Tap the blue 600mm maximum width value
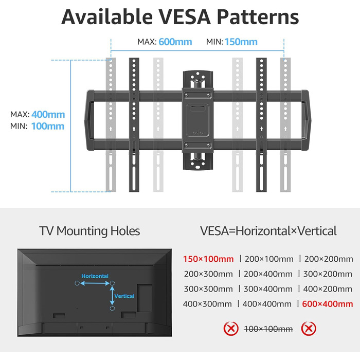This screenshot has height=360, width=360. [175, 42]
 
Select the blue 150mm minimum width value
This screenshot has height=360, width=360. [241, 42]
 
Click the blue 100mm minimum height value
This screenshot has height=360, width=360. [48, 126]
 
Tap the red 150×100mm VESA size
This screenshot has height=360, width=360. [208, 259]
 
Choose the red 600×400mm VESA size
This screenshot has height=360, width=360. [328, 304]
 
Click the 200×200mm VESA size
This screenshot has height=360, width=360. [328, 259]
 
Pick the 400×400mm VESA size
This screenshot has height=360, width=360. [268, 304]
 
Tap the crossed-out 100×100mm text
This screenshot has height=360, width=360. [268, 328]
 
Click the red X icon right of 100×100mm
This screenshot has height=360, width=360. [308, 328]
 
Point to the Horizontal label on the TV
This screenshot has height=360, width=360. [95, 276]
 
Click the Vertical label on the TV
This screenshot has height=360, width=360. [124, 296]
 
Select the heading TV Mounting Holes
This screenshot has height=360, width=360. [89, 231]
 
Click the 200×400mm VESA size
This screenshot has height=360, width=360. [268, 274]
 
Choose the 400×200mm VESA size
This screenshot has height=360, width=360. [328, 289]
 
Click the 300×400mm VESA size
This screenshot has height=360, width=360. [268, 289]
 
